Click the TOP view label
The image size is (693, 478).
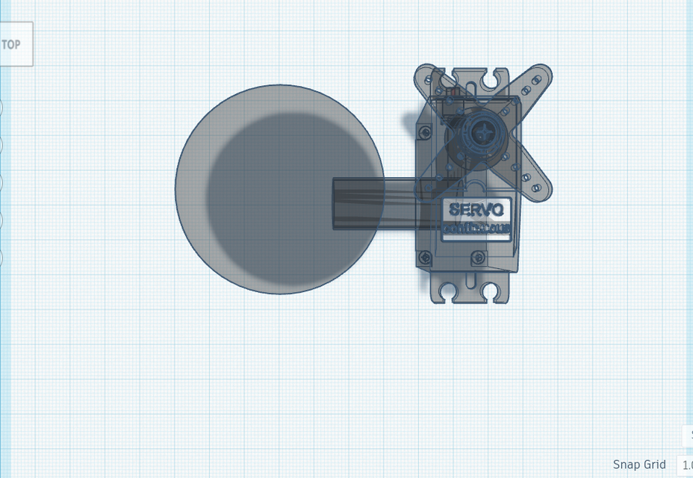[11, 44]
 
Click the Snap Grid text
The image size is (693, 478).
[639, 464]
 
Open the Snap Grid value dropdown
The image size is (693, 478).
[685, 465]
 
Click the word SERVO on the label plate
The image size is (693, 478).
[476, 210]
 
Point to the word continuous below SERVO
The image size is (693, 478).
[476, 229]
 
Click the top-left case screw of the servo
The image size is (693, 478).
[425, 132]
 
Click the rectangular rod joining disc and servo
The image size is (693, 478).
[373, 202]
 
